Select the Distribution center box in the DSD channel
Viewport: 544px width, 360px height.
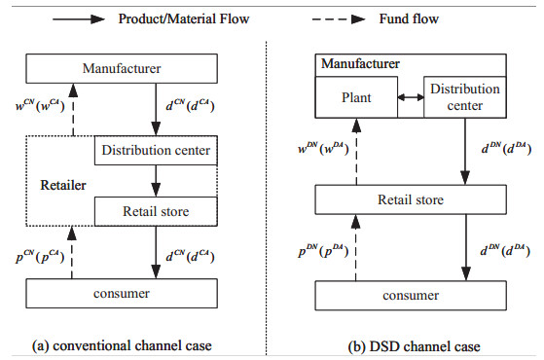tap(463, 97)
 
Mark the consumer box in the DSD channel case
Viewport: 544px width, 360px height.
tap(413, 294)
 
